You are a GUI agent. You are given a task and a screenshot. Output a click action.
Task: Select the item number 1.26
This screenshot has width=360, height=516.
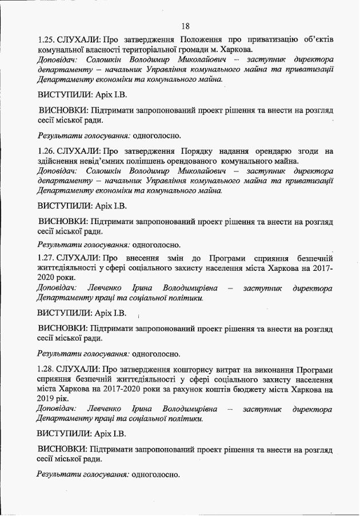coord(47,151)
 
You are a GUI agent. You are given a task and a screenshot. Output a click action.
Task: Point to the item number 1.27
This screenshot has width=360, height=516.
coord(47,259)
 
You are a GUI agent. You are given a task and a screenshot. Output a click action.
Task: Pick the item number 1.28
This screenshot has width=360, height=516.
coord(47,370)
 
